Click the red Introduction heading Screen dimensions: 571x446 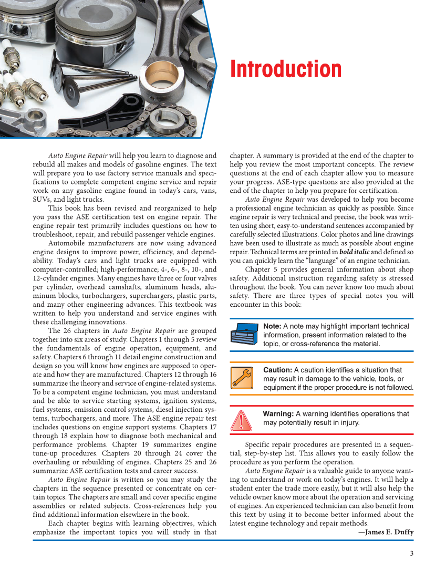(286, 69)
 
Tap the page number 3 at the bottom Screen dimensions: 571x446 (411, 553)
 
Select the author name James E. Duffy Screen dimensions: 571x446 (389, 532)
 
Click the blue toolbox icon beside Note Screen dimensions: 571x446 (244, 335)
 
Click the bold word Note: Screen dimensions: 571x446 (272, 326)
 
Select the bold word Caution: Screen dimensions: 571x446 (277, 370)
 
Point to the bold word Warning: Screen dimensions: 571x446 (278, 414)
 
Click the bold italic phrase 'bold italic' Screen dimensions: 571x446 (355, 252)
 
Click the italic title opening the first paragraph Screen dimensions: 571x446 (78, 156)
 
